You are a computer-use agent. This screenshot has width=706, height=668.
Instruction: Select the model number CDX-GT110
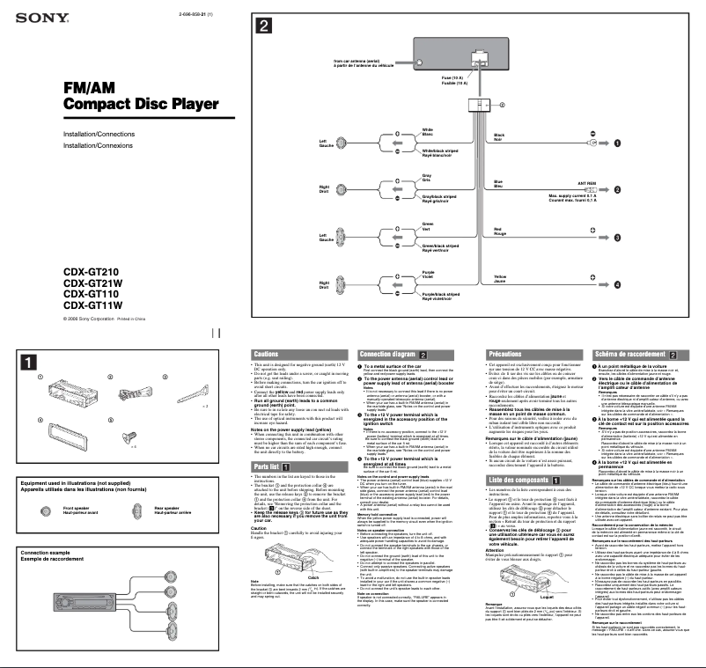[92, 294]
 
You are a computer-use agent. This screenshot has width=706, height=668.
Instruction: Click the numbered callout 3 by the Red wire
[617, 238]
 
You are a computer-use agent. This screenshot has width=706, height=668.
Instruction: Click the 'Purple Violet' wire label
[429, 275]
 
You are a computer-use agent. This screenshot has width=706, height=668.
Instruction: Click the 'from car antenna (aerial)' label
[357, 62]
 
